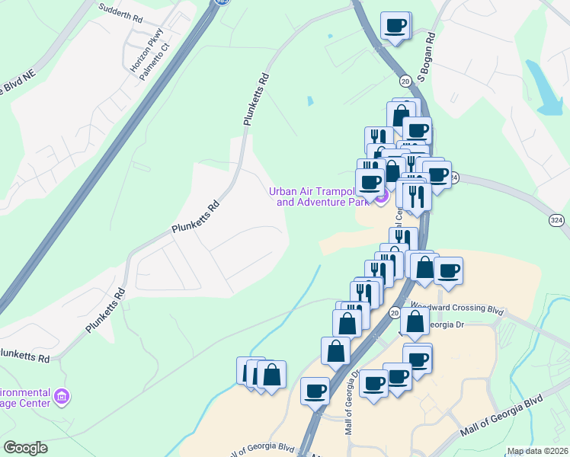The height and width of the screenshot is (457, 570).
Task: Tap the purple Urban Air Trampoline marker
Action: tap(382, 197)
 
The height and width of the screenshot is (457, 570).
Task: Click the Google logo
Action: tap(25, 448)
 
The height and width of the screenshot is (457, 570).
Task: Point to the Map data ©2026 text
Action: tap(537, 451)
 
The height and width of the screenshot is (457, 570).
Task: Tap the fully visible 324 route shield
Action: tap(557, 219)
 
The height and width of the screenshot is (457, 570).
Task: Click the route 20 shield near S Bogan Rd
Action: tap(405, 80)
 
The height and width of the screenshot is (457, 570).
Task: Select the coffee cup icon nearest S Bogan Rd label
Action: tap(395, 26)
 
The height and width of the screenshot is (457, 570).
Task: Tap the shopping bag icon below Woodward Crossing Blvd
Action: tap(415, 322)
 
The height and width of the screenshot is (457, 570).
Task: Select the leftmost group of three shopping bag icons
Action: tap(261, 375)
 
